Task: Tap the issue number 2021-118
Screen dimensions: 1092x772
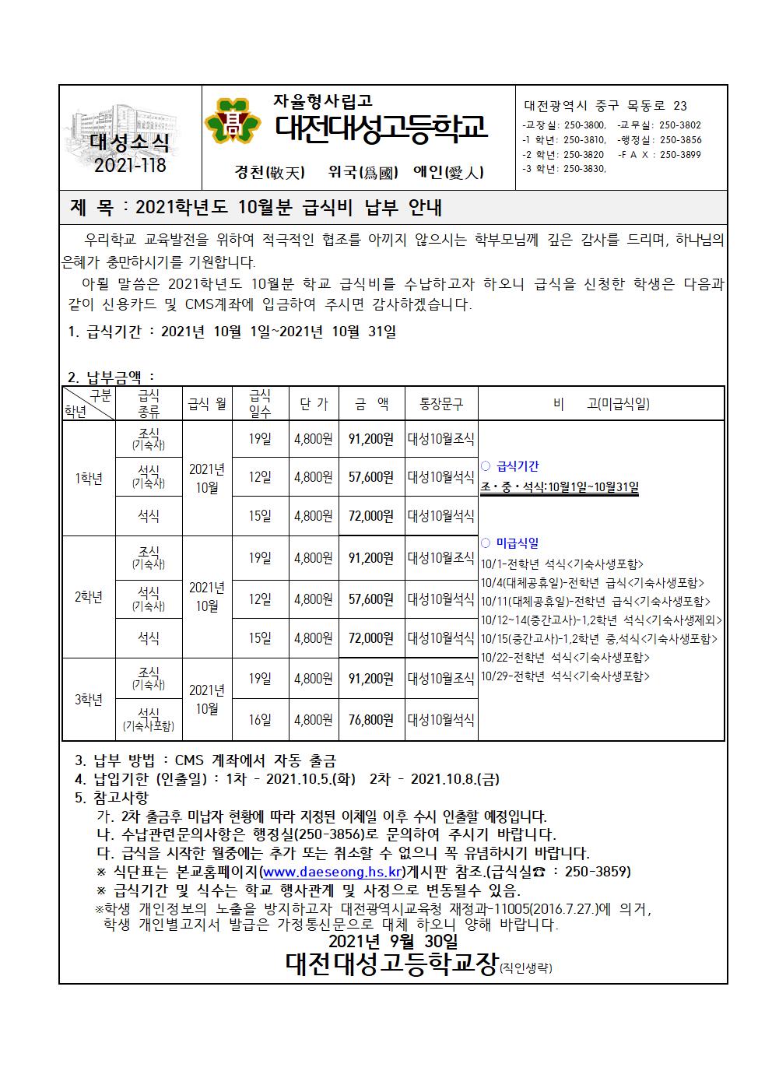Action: pos(129,165)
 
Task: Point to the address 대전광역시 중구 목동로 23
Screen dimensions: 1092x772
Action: pos(605,106)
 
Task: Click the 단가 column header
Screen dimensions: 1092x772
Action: pos(314,404)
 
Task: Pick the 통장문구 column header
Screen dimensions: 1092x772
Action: pos(440,404)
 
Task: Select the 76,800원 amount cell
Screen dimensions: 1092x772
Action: pos(371,720)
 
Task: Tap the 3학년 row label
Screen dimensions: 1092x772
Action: pos(89,700)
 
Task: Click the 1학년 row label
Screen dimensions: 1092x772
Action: pos(89,478)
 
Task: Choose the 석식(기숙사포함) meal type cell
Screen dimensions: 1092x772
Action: pos(148,720)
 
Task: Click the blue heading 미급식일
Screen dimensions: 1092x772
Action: pos(516,543)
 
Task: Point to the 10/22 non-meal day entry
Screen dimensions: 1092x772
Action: pos(565,658)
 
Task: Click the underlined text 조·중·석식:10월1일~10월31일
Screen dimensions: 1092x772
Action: pos(560,487)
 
